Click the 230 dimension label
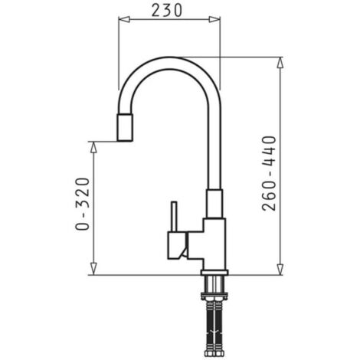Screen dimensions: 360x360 167,11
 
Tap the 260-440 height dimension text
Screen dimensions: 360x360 269,173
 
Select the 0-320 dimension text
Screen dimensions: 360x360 83,204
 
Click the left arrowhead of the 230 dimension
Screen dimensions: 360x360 124,19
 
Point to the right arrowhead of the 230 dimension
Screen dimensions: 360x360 214,19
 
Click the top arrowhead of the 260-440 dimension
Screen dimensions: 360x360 280,62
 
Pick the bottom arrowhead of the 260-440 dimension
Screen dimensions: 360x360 280,270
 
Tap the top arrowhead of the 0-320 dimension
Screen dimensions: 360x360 93,147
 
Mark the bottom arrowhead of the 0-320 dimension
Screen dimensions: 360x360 93,270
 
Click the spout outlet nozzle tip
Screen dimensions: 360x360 125,127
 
